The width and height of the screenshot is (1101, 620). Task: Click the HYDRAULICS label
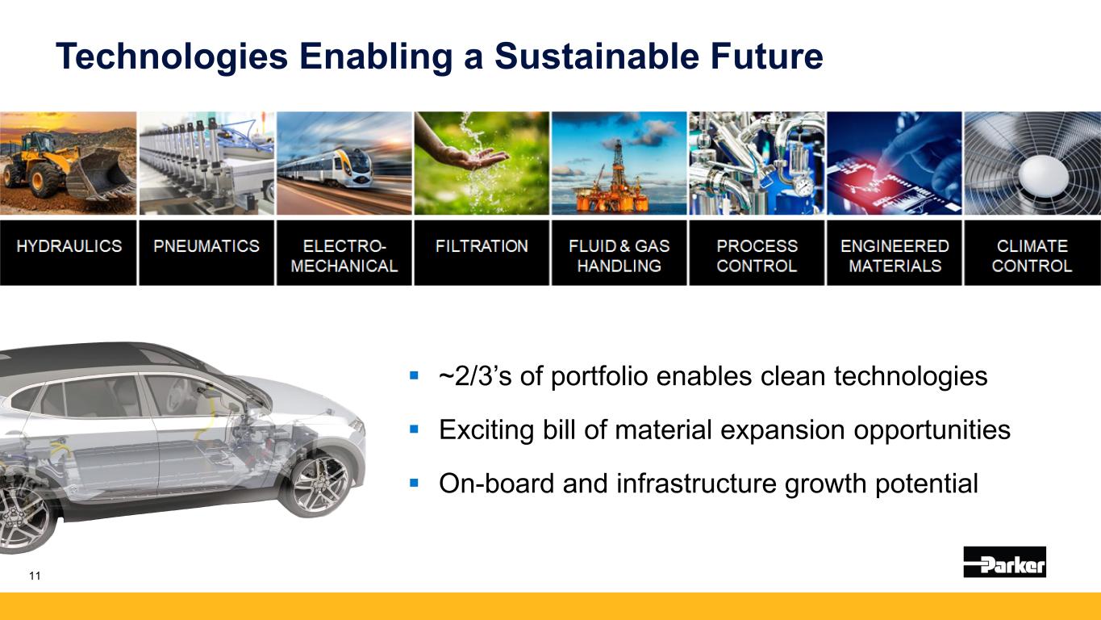(x=69, y=246)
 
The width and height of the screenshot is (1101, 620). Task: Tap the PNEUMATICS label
(x=206, y=246)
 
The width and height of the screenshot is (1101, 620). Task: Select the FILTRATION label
(x=482, y=246)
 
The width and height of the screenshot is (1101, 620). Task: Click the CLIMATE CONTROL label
(x=1032, y=256)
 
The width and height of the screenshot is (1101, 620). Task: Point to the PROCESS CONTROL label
(x=757, y=256)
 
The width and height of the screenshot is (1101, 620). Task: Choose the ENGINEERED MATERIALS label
(x=895, y=256)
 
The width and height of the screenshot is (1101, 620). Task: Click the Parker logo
(x=1005, y=562)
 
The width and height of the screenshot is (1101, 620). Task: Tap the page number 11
(x=35, y=576)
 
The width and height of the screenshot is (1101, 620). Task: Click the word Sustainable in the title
(x=596, y=56)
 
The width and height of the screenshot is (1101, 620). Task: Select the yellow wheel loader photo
(x=69, y=163)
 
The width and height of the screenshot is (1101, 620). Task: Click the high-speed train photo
(x=344, y=163)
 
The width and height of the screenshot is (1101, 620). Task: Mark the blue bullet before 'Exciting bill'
(x=414, y=429)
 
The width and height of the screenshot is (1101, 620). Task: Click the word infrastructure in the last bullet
(x=696, y=484)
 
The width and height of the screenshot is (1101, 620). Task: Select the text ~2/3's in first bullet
(x=475, y=376)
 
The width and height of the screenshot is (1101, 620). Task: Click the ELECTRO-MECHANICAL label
(x=344, y=256)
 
